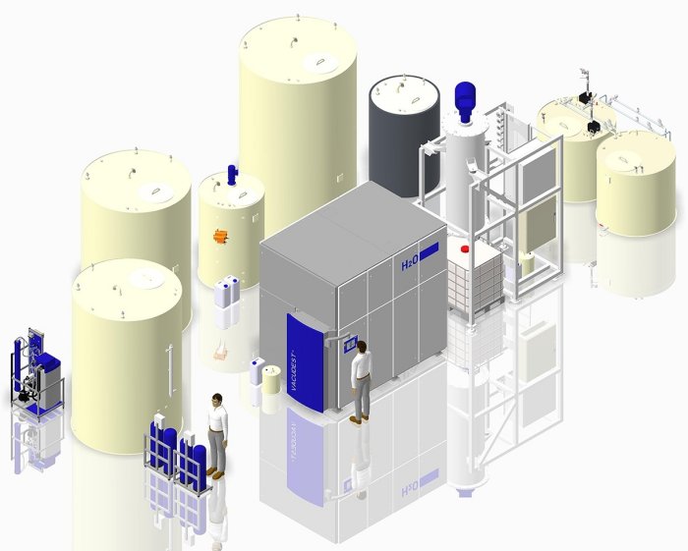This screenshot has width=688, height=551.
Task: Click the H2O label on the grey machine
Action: click(410, 265)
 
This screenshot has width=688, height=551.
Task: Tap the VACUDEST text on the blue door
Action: click(292, 371)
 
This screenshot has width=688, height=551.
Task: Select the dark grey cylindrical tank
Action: click(404, 136)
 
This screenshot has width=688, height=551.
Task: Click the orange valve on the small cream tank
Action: click(220, 237)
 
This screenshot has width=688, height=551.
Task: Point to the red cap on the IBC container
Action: click(464, 248)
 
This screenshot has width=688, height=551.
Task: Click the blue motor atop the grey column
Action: click(466, 101)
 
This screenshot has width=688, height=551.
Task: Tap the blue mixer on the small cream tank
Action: click(232, 175)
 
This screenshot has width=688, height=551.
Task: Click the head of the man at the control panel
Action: click(362, 347)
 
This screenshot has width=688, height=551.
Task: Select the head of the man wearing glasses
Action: click(217, 400)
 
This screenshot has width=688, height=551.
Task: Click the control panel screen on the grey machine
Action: click(350, 344)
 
